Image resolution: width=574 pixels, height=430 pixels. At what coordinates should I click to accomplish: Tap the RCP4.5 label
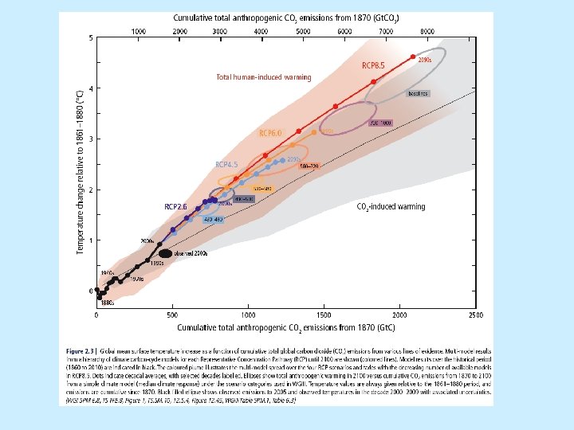click(x=228, y=164)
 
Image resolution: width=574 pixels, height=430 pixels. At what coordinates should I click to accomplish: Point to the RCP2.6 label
click(x=175, y=206)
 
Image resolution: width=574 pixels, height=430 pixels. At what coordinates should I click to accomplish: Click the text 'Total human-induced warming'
click(x=263, y=77)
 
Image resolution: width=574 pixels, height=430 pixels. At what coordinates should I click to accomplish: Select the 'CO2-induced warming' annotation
click(x=391, y=206)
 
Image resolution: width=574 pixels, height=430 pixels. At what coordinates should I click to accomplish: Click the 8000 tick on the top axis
click(x=427, y=30)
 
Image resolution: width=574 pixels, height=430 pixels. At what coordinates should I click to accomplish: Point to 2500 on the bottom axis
click(x=474, y=316)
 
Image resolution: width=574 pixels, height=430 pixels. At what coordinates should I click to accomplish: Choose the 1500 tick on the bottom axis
click(x=323, y=316)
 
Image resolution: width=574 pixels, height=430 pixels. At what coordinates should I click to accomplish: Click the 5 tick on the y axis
click(x=91, y=37)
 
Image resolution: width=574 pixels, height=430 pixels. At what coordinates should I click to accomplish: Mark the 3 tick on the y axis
click(x=91, y=139)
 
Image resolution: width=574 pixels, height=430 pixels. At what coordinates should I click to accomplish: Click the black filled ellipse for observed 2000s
click(x=161, y=253)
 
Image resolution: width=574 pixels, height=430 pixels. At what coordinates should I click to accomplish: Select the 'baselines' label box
click(x=418, y=93)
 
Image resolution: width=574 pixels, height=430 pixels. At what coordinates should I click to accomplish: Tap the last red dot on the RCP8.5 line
click(x=413, y=57)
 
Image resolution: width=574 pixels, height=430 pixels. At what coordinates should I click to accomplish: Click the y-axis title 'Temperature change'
click(x=79, y=171)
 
